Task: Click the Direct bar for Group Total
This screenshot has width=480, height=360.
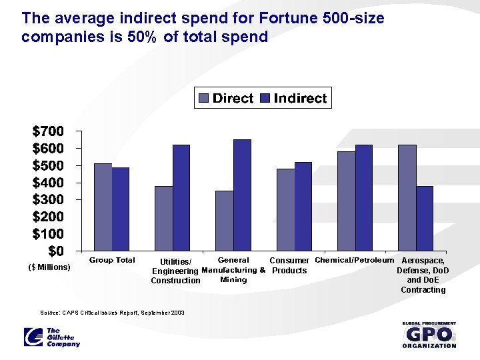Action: point(103,207)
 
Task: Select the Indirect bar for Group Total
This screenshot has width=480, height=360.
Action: point(121,209)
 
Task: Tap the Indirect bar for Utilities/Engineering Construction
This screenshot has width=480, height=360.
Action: point(181,198)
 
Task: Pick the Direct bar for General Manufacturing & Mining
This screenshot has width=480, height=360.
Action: point(224,221)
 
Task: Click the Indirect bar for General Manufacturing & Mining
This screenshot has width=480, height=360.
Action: point(242,195)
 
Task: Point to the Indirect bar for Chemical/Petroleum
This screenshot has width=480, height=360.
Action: point(364,198)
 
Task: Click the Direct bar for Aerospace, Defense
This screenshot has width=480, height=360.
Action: point(407,198)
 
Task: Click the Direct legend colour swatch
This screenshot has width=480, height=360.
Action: point(204,99)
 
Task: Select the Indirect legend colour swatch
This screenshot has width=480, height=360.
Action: point(264,99)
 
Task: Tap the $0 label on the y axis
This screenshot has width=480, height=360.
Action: point(56,251)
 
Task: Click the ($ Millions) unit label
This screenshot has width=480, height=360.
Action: point(49,267)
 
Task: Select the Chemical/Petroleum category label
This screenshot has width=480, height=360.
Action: point(354,260)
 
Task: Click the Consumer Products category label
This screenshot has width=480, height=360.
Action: point(289,265)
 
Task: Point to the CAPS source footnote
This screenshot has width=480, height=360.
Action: point(112,312)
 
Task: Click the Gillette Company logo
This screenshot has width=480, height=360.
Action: point(51,337)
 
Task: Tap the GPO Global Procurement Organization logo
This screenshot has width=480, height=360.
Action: point(429,335)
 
